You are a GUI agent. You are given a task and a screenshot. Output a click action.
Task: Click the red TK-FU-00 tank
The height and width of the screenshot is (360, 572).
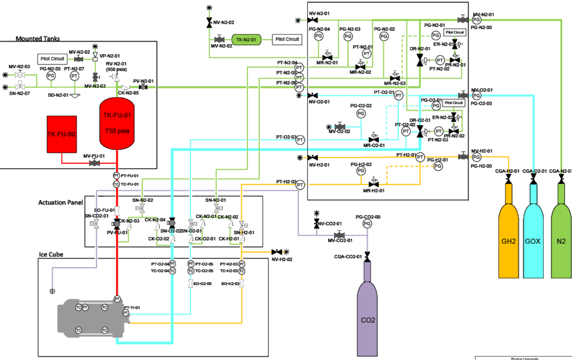point(61,134)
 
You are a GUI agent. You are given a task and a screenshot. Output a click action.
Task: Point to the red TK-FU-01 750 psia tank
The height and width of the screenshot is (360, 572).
point(117,123)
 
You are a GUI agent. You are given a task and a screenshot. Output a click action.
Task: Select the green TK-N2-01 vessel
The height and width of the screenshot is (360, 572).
point(246,40)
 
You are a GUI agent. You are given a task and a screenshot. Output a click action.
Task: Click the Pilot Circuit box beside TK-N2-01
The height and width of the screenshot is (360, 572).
point(287,39)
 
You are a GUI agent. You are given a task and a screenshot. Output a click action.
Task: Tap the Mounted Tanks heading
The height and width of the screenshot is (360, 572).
point(38,38)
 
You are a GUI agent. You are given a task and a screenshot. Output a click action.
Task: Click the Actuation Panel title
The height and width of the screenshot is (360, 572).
point(60,202)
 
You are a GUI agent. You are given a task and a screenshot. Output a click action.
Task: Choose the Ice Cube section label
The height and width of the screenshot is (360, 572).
point(51,254)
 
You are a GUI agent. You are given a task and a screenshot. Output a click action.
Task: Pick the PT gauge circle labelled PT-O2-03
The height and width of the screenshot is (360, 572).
point(300,140)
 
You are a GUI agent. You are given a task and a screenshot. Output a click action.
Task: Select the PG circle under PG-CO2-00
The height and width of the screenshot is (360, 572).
point(367,224)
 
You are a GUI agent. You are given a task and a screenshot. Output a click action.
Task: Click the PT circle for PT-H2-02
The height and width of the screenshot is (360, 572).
point(300,185)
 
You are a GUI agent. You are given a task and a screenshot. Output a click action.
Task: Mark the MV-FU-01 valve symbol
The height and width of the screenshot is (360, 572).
point(94,163)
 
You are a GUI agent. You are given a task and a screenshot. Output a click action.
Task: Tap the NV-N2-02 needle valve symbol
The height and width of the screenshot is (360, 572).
point(209,23)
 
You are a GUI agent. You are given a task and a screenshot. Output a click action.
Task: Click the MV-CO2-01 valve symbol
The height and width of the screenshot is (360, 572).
point(339,235)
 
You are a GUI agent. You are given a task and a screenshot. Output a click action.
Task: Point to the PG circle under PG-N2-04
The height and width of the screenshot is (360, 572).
point(319,36)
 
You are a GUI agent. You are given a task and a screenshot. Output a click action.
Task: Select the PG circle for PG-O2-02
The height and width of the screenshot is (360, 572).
point(361,114)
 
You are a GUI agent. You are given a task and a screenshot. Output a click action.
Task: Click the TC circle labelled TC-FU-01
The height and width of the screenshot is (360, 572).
point(116,184)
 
